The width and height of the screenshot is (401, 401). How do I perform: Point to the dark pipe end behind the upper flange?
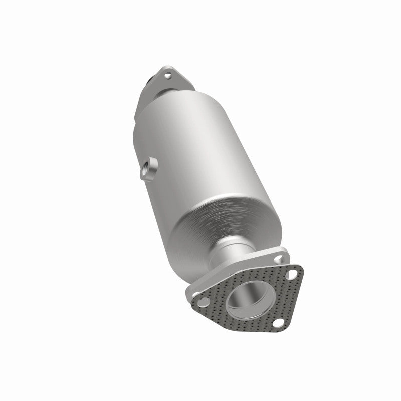[149, 80]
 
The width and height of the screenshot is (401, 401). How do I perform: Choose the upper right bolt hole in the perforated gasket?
[290, 275]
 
